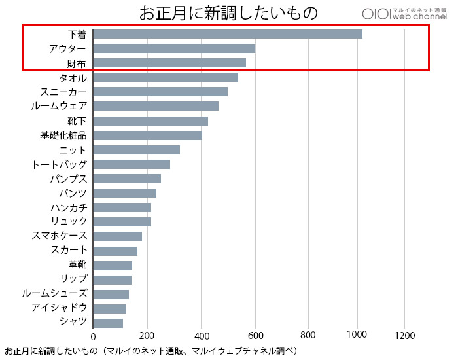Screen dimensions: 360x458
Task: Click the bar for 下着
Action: [228, 34]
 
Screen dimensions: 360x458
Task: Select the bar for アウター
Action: [174, 48]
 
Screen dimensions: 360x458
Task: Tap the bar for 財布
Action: [169, 63]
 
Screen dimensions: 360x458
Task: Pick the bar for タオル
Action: [166, 77]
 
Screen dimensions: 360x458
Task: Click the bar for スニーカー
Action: [160, 92]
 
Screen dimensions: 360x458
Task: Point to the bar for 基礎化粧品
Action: [147, 135]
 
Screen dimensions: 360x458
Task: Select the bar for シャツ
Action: [108, 323]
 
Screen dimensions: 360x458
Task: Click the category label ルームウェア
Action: [59, 106]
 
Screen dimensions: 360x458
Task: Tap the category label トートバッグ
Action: [59, 164]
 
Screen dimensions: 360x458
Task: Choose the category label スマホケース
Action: [59, 236]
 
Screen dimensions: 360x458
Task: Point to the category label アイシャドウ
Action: [59, 308]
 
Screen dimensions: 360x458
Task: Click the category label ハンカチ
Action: [68, 207]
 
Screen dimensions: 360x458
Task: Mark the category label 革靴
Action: [77, 265]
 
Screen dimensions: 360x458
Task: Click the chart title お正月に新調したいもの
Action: [228, 12]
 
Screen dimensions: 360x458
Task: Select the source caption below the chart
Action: [151, 351]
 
